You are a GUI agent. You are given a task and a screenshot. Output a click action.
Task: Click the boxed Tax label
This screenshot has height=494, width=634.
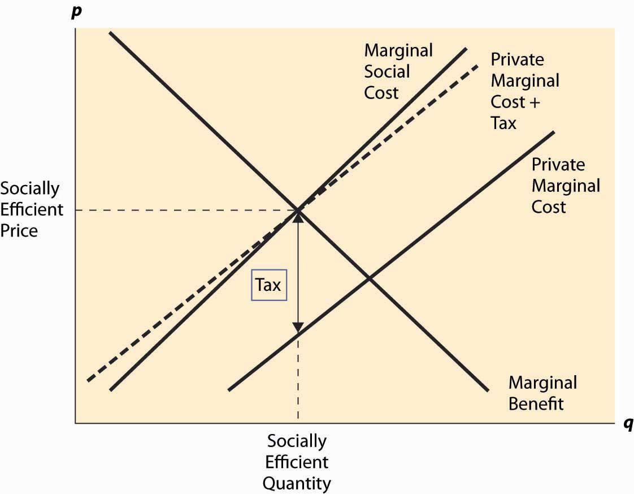[x=269, y=285]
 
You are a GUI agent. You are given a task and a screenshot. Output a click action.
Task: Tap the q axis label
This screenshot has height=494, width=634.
[x=628, y=423]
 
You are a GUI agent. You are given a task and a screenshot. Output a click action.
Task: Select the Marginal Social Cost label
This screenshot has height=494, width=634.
[x=398, y=72]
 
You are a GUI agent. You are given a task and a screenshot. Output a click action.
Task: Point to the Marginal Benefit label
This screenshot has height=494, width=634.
[x=542, y=393]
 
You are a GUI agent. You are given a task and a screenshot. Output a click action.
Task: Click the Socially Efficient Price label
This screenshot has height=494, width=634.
[x=32, y=210]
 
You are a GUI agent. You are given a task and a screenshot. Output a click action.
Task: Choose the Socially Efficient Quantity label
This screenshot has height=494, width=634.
[x=297, y=462]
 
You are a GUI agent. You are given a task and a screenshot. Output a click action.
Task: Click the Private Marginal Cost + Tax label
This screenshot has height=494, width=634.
[x=525, y=91]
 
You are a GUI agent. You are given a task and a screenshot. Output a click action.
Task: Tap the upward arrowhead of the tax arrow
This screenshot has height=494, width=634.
[x=298, y=217]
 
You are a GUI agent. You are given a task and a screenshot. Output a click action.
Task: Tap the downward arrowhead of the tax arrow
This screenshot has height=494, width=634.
[x=298, y=327]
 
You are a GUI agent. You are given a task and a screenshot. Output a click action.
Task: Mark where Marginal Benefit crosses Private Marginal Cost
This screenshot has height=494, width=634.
[x=369, y=278]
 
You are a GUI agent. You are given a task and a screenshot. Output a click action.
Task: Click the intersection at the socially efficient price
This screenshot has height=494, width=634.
[x=298, y=210]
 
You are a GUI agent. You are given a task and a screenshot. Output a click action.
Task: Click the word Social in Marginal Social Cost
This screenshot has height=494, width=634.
[x=387, y=72]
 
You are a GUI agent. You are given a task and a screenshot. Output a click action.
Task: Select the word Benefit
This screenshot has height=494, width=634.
[x=536, y=403]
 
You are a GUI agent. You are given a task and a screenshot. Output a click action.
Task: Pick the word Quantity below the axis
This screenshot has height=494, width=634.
[x=297, y=483]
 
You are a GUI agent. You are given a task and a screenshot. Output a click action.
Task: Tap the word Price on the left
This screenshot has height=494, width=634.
[x=19, y=231]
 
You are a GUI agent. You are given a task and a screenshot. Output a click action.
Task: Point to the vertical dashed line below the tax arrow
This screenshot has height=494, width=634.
[x=298, y=376]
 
